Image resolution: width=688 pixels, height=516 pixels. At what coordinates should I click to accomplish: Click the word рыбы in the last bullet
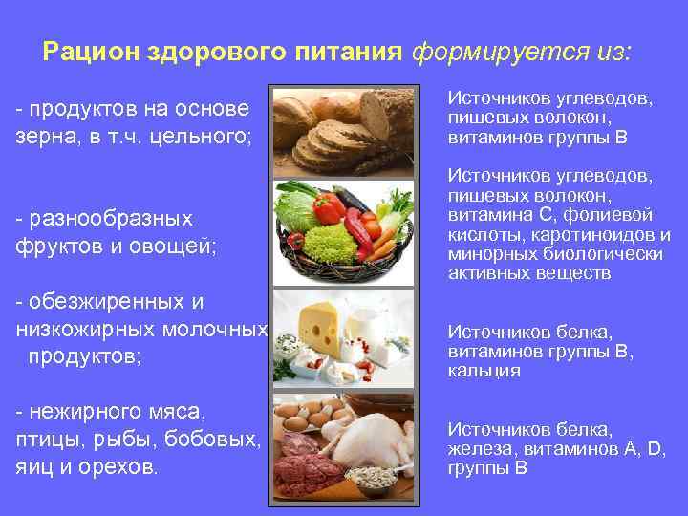point(134,440)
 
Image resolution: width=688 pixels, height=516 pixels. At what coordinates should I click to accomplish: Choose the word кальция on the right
point(484,371)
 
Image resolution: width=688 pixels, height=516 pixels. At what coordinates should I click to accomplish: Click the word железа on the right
point(483,449)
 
